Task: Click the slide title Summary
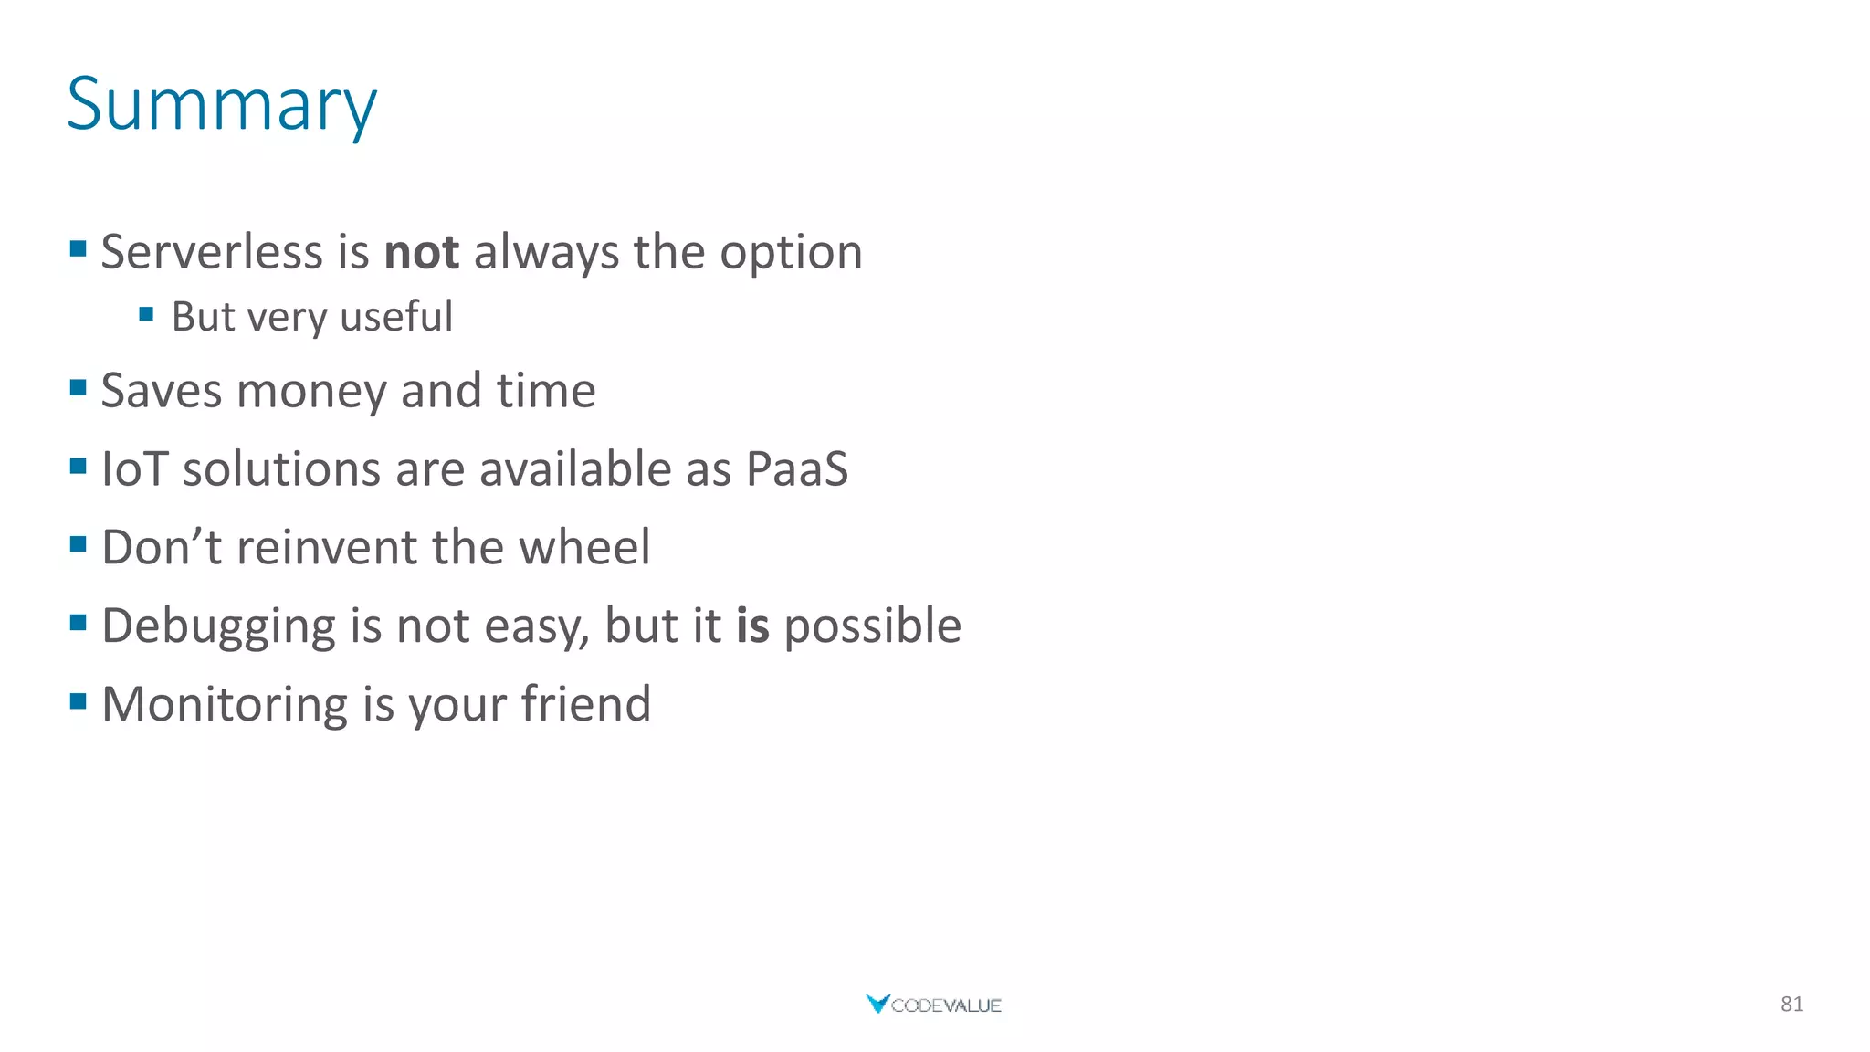pyautogui.click(x=221, y=104)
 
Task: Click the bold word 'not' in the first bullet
pyautogui.click(x=421, y=252)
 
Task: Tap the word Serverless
pyautogui.click(x=211, y=252)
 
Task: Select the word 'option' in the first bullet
pyautogui.click(x=791, y=254)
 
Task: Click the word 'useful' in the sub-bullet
pyautogui.click(x=395, y=317)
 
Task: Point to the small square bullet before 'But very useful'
pyautogui.click(x=146, y=315)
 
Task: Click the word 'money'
pyautogui.click(x=311, y=392)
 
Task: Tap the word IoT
pyautogui.click(x=134, y=469)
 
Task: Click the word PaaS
pyautogui.click(x=796, y=469)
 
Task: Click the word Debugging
pyautogui.click(x=218, y=627)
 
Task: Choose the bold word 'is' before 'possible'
pyautogui.click(x=752, y=626)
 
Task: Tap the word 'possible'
pyautogui.click(x=872, y=627)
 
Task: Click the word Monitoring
pyautogui.click(x=225, y=705)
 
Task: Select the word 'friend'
pyautogui.click(x=585, y=704)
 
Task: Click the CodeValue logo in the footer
pyautogui.click(x=933, y=1005)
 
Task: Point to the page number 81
pyautogui.click(x=1791, y=1005)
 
